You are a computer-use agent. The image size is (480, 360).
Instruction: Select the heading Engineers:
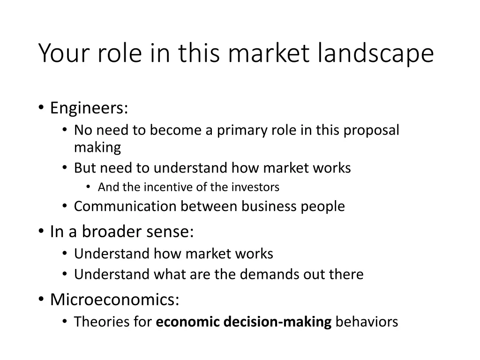pyautogui.click(x=89, y=108)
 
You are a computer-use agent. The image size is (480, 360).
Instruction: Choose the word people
pyautogui.click(x=323, y=206)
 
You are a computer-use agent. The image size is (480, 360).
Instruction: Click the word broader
pyautogui.click(x=112, y=232)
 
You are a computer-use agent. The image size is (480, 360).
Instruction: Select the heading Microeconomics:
pyautogui.click(x=114, y=299)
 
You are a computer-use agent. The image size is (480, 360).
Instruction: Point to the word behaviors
pyautogui.click(x=367, y=322)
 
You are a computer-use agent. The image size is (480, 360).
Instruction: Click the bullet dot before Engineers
pyautogui.click(x=41, y=108)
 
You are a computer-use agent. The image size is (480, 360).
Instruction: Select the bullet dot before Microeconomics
pyautogui.click(x=41, y=300)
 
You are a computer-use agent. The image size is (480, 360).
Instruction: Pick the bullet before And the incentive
pyautogui.click(x=89, y=187)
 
